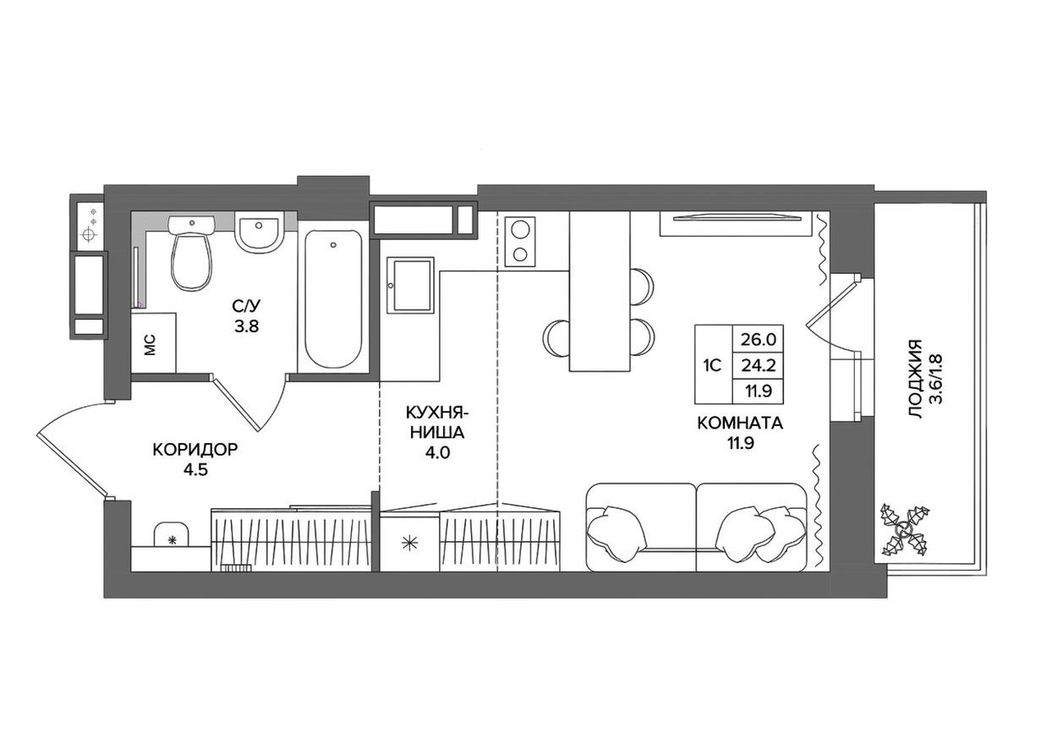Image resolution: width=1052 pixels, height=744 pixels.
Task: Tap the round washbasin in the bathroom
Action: pos(258,232)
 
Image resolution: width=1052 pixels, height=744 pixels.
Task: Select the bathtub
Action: pos(333,295)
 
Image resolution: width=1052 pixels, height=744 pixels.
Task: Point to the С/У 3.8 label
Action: pos(247,315)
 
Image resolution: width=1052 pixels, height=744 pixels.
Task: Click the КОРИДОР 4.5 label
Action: pos(195,458)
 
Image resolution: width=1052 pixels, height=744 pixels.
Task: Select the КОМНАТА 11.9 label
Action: pos(740,433)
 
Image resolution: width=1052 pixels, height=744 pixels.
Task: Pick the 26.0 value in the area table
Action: pos(759,339)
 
